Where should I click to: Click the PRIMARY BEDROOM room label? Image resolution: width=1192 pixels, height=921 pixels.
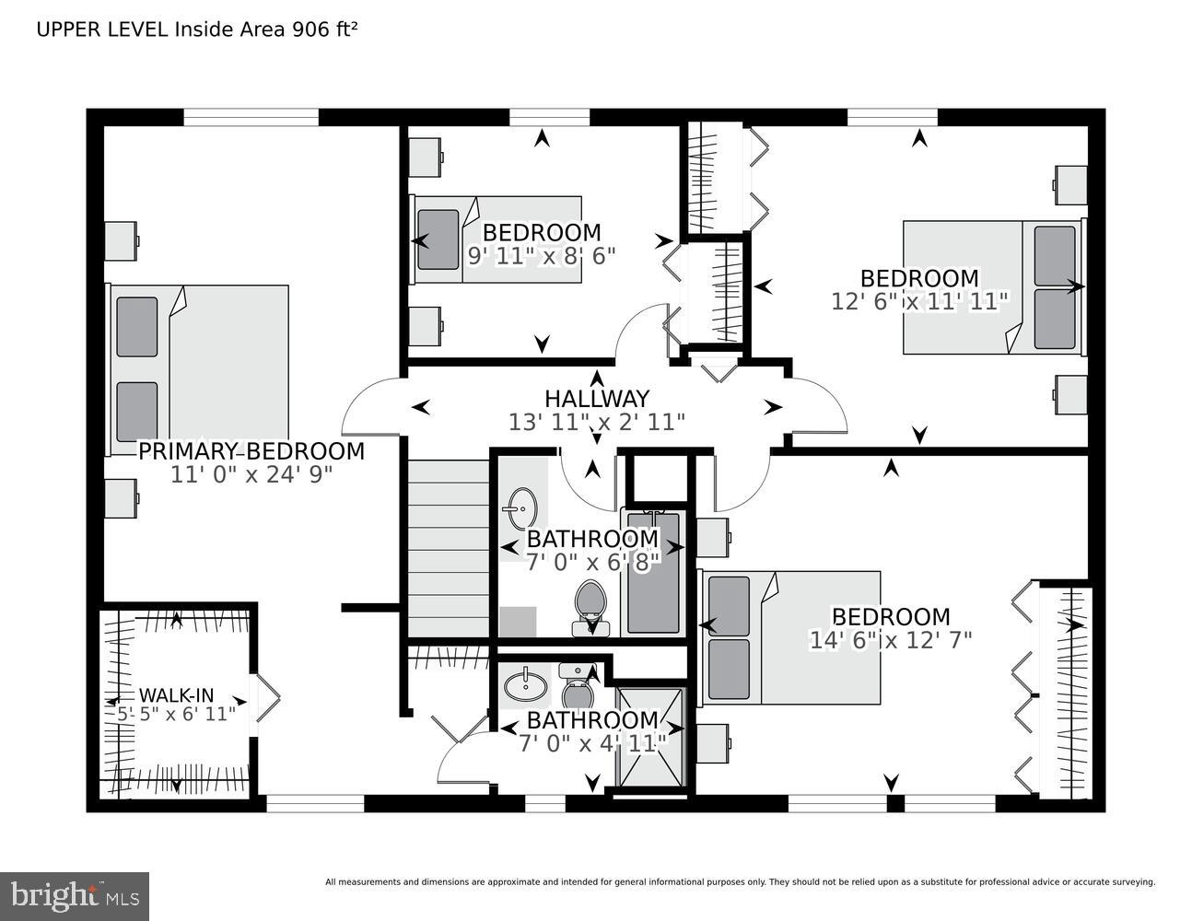coord(251,451)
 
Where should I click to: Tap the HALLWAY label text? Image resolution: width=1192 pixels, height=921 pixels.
coord(597,399)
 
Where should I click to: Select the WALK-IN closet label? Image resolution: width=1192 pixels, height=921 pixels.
coord(176,694)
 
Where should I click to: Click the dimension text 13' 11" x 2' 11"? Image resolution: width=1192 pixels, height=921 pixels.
coord(597,422)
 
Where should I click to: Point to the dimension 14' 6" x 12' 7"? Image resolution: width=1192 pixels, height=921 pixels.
coord(891,639)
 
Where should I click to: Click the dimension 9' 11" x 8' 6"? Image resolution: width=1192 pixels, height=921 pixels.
coord(542,255)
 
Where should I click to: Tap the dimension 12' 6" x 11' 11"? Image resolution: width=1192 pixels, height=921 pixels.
coord(919,301)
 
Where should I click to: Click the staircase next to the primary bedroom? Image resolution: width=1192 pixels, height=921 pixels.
coord(449,548)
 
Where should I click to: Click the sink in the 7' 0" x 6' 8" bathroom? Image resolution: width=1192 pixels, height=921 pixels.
coord(522,507)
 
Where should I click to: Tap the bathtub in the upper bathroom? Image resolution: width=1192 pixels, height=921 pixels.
coord(652,571)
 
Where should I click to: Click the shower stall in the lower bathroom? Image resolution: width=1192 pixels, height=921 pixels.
coord(651,737)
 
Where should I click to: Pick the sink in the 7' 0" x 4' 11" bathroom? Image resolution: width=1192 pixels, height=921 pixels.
coord(522,685)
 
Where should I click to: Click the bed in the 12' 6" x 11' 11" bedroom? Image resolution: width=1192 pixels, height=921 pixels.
coord(993,286)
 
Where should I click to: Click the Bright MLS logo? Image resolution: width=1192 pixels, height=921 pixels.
coord(76,893)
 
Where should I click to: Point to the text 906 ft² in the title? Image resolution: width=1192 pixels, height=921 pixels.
coord(323,29)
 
